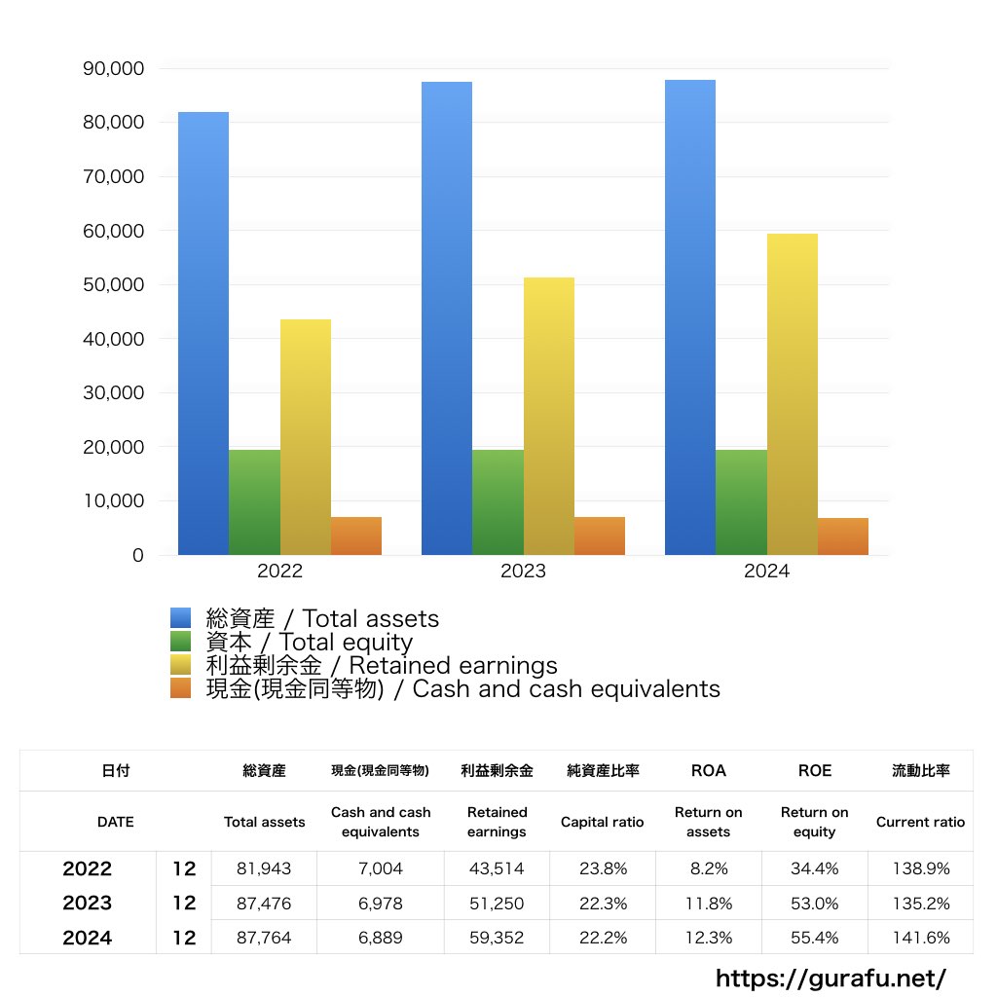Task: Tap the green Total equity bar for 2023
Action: [x=498, y=502]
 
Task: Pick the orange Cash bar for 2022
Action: [x=355, y=536]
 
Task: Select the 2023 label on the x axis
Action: [x=523, y=572]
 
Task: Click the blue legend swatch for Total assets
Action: [x=181, y=618]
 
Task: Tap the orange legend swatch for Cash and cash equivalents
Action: [x=181, y=689]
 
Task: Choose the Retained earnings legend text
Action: [x=382, y=666]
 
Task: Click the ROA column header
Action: [x=708, y=770]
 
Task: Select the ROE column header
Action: [x=815, y=770]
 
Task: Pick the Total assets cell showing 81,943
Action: [x=264, y=868]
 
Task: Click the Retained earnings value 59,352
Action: [x=497, y=938]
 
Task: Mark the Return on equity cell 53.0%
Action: [x=815, y=904]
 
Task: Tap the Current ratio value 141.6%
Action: [x=920, y=938]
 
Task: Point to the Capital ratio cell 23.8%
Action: [x=602, y=868]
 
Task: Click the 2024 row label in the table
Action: [x=88, y=938]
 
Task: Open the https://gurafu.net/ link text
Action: [x=831, y=978]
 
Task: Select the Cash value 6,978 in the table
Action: [x=381, y=904]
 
